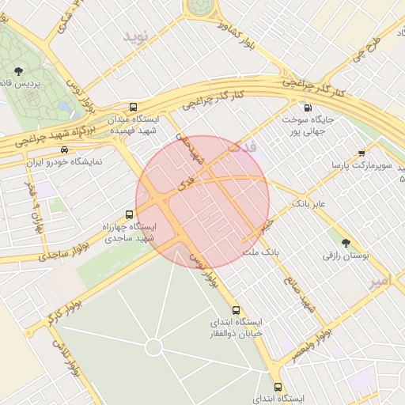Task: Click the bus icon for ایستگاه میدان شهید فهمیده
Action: point(132,106)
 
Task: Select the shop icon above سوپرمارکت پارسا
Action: point(361,153)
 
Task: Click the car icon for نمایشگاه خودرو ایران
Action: point(64,150)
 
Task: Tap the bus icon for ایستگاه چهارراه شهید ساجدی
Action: point(130,214)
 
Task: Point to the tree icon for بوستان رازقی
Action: point(345,242)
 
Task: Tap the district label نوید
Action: point(135,36)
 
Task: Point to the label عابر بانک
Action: point(309,204)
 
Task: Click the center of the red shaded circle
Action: point(202,202)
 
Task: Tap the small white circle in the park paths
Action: point(153,347)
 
